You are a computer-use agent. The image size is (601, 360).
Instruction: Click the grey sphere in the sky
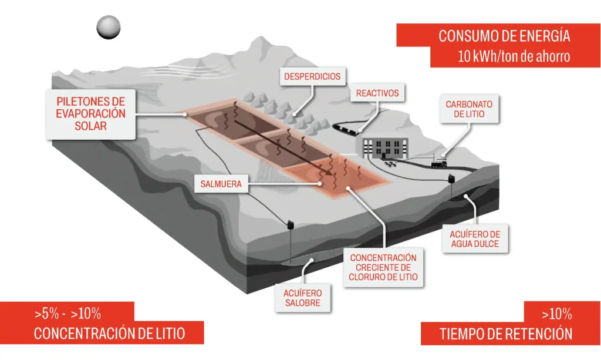coord(109,27)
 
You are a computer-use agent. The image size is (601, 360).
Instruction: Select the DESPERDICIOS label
coord(312,76)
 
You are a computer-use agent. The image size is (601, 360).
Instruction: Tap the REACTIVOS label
coord(377,93)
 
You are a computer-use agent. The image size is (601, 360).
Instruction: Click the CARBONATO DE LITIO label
coord(469,109)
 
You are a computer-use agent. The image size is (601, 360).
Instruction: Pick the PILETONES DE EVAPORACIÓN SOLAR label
coord(91,113)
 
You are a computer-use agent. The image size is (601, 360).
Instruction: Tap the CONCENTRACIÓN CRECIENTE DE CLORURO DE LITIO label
coord(383,267)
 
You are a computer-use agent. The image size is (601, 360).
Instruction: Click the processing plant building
coord(384,147)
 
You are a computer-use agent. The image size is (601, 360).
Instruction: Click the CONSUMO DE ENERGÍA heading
coord(504,36)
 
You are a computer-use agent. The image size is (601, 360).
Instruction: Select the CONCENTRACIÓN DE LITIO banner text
coord(109,334)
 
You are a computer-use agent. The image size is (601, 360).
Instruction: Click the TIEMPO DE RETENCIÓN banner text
coord(506,334)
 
